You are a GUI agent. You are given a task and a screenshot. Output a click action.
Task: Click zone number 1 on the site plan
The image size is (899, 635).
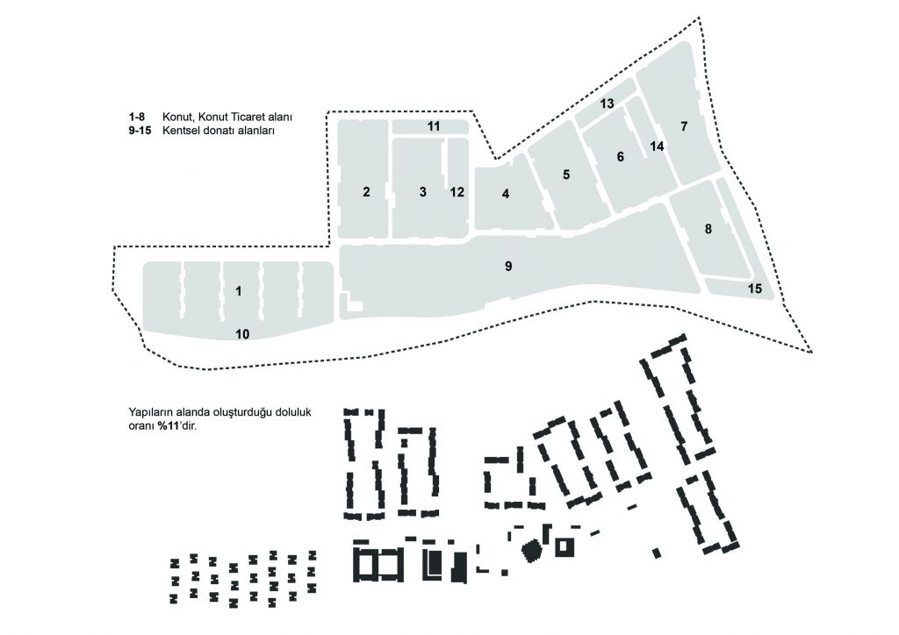239,291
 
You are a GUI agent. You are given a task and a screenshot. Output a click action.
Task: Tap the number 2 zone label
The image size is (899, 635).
366,192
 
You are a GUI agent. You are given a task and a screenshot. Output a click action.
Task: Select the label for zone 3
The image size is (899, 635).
422,192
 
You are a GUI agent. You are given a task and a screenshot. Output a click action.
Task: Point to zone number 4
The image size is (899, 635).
505,194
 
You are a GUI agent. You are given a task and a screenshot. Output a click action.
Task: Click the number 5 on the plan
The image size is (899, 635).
566,175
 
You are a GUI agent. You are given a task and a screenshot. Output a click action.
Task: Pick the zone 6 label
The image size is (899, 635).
620,157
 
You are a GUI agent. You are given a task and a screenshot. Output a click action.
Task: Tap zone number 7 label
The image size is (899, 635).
683,126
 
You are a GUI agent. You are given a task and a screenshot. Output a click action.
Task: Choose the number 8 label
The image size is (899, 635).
708,229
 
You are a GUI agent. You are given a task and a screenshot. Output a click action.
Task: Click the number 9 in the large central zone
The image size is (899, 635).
508,267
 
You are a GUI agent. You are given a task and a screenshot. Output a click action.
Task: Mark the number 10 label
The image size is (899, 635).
242,334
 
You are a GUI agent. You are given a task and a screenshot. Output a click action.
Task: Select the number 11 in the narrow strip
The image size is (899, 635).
434,126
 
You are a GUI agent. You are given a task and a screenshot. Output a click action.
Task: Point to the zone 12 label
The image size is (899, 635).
457,192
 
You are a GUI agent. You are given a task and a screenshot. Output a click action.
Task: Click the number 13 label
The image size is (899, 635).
607,103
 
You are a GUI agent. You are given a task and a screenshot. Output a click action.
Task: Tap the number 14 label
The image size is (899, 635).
657,146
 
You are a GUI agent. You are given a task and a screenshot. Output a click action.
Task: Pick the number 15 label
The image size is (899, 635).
754,289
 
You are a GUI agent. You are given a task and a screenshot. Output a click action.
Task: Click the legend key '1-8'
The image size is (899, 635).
136,117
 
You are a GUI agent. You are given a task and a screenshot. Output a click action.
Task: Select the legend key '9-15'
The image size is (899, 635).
140,131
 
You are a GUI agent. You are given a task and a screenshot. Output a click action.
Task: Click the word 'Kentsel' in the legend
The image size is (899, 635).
179,131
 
